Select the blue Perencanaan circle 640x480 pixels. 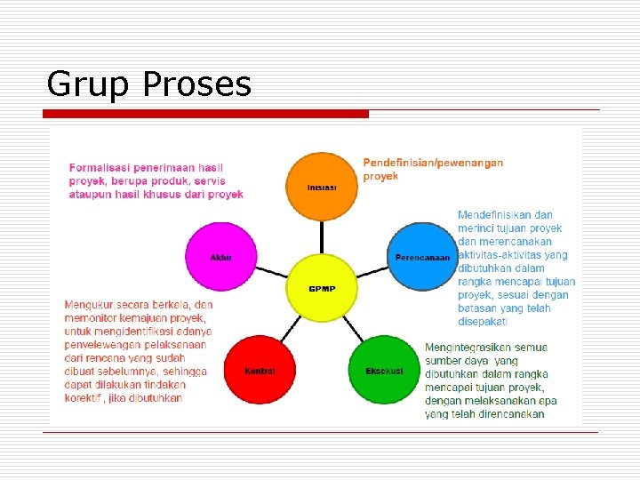point(422,256)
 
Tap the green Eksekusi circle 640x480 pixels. point(384,369)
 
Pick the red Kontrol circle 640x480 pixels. point(260,369)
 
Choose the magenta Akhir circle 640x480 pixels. point(220,256)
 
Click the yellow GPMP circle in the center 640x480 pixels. point(321,288)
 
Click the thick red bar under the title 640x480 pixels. point(206,114)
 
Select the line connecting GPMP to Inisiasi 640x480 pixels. point(321,238)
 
